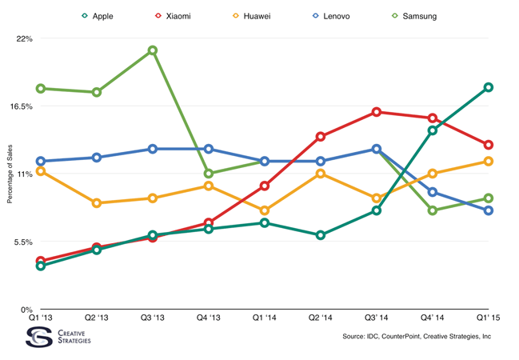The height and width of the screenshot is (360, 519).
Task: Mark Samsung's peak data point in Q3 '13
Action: point(152,50)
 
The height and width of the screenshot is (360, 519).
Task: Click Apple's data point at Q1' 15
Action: point(489,87)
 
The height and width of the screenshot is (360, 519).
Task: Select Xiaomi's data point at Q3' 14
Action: point(377,112)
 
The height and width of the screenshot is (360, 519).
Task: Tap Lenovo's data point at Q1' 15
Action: point(489,210)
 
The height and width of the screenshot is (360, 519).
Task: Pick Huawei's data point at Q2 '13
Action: point(96,203)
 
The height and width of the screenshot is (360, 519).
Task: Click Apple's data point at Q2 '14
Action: point(320,235)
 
